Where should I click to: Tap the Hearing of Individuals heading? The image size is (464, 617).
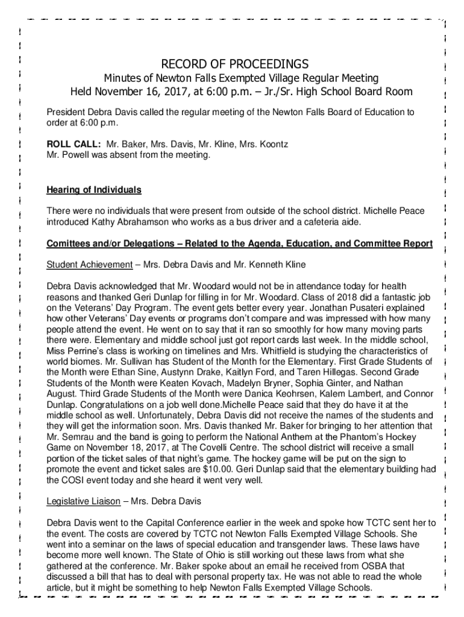click(x=94, y=190)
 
